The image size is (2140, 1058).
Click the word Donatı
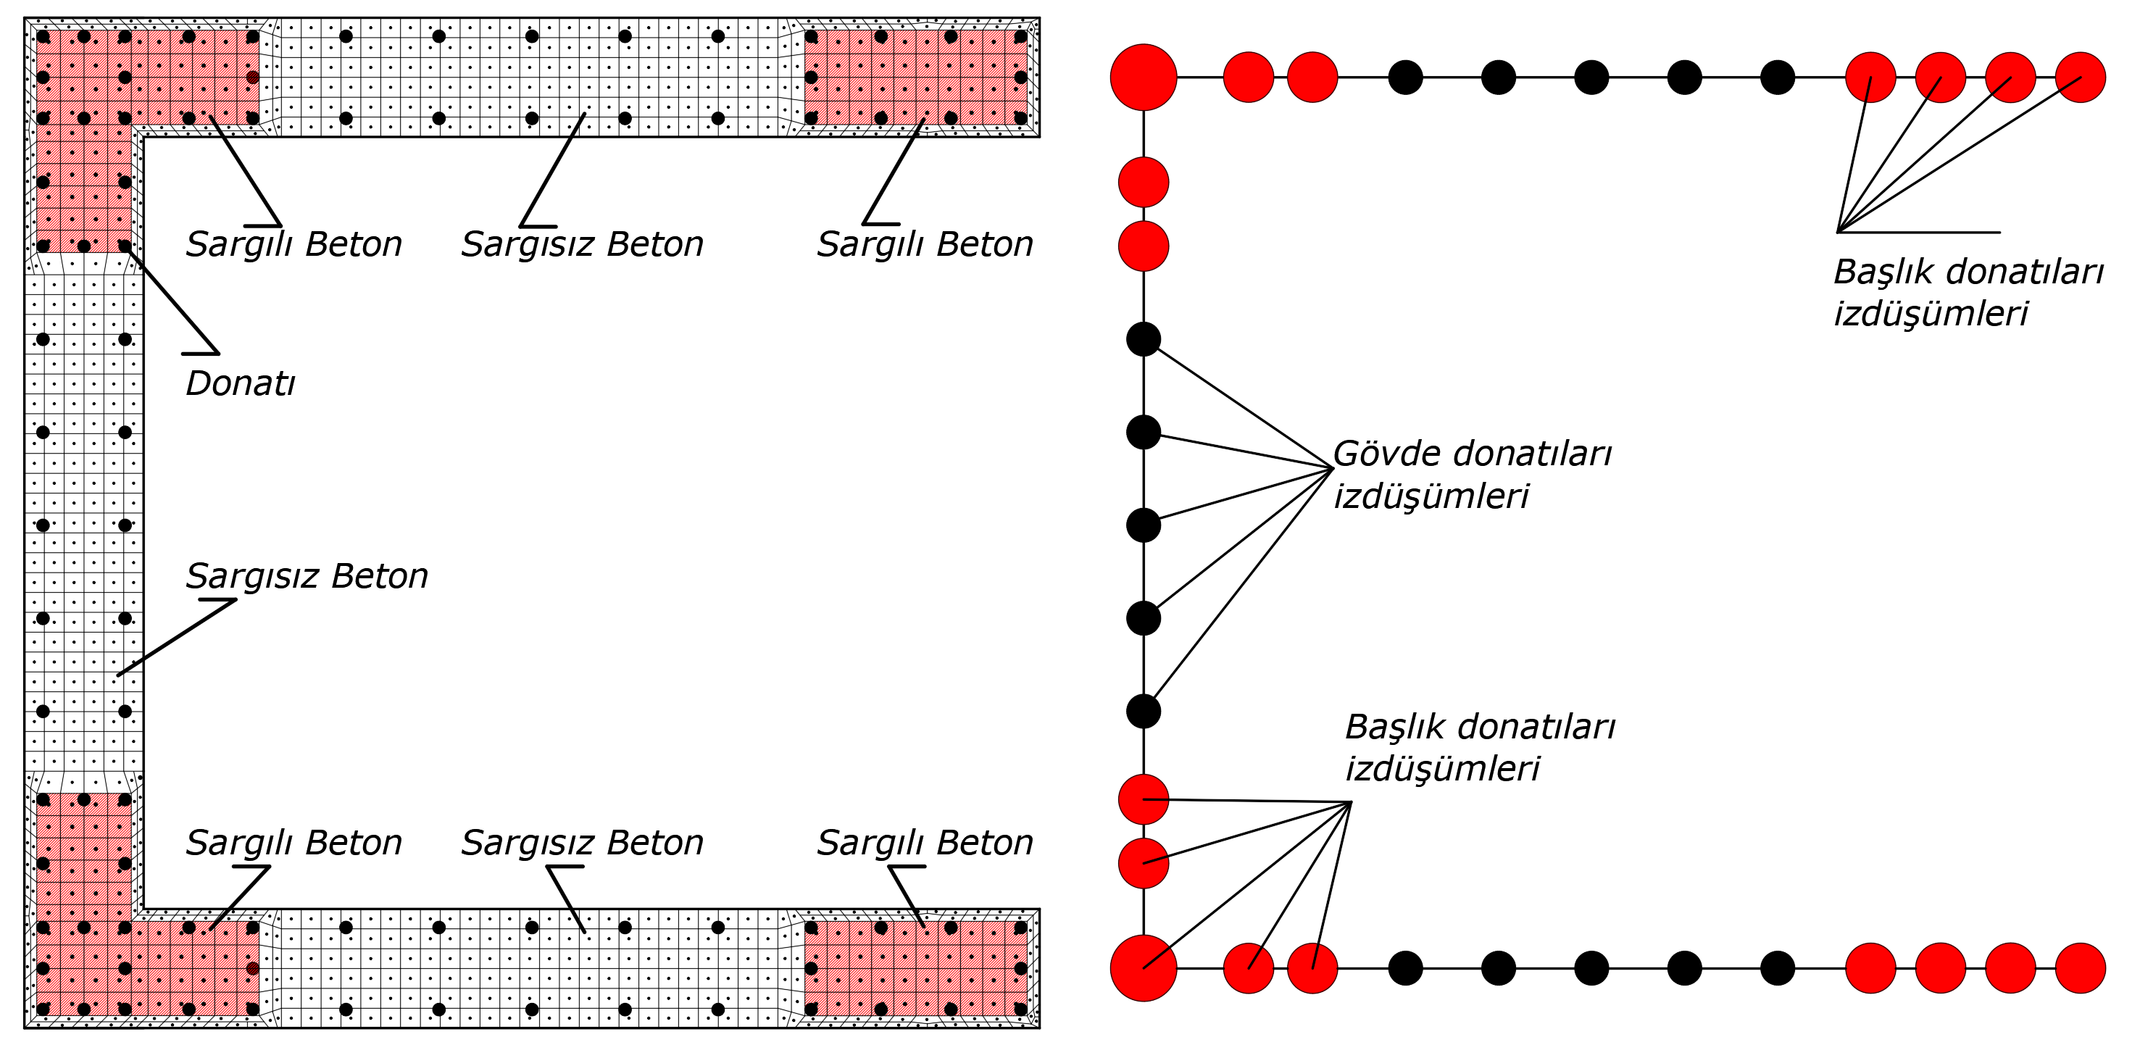coord(240,383)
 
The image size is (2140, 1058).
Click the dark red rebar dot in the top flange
coord(252,78)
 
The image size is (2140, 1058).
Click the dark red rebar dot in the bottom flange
coord(252,967)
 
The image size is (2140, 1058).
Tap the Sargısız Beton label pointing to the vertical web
coord(307,576)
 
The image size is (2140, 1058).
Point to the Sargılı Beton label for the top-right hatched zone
coord(925,245)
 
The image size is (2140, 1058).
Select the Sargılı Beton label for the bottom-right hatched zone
coord(925,843)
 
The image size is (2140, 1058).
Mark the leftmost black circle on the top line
coord(1406,78)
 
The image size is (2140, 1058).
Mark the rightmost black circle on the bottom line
coord(1778,967)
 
